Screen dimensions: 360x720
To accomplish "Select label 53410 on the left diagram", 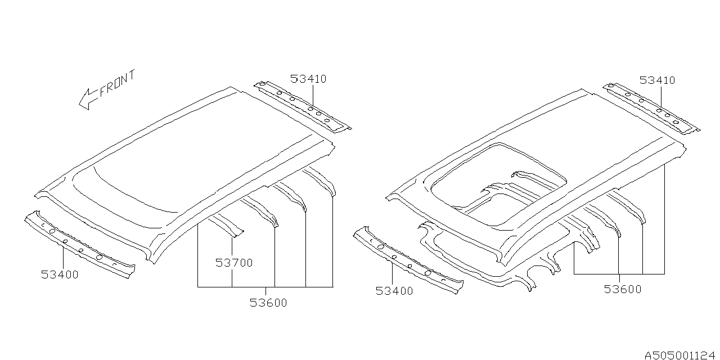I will click(x=308, y=79).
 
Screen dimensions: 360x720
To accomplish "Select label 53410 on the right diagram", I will click(x=657, y=80).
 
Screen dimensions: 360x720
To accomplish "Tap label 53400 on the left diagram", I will click(x=60, y=274).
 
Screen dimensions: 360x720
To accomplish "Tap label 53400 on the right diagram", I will click(x=394, y=291).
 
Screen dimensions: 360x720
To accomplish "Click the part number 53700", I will click(x=234, y=262).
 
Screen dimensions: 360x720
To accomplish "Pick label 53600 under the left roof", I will click(x=268, y=303).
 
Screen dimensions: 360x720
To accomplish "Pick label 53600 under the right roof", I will click(x=623, y=289).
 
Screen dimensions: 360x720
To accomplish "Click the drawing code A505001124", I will click(x=681, y=355).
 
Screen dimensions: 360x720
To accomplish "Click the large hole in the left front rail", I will click(x=50, y=231).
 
